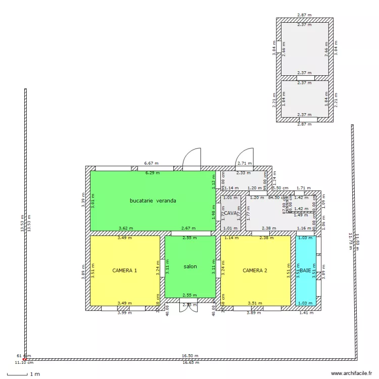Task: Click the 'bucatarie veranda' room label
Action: [153, 201]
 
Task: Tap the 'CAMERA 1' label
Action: [124, 271]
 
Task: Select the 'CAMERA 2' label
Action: [255, 271]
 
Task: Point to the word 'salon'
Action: [190, 267]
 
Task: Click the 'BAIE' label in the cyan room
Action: [305, 271]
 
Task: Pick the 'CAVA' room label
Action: [230, 213]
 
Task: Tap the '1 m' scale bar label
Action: [34, 374]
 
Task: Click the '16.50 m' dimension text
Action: [191, 356]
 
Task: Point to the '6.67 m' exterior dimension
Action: [151, 163]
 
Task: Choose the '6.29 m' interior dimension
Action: [153, 173]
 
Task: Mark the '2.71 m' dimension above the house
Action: [244, 163]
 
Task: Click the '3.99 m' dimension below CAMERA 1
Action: [124, 312]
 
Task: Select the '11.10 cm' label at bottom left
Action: [24, 362]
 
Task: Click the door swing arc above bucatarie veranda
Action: [193, 157]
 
